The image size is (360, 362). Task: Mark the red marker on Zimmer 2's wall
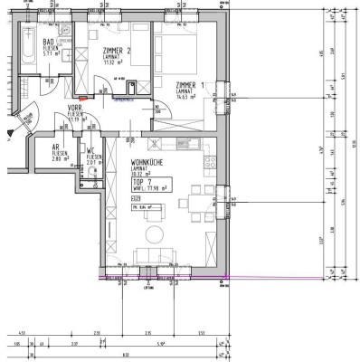pyautogui.click(x=84, y=97)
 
